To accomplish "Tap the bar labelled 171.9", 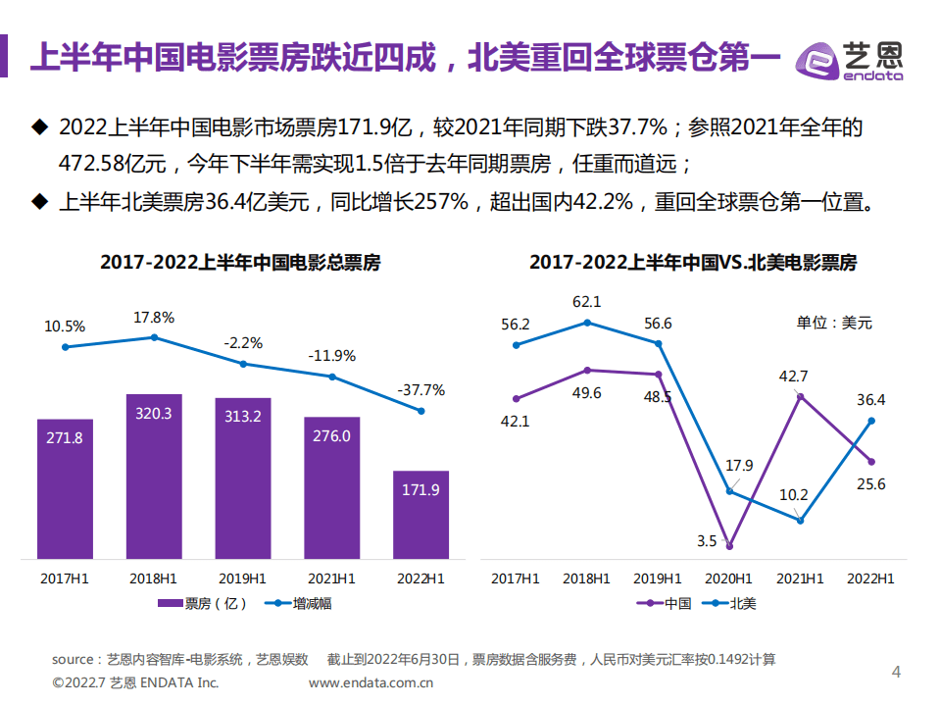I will (x=421, y=515).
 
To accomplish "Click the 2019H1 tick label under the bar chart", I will (x=242, y=579).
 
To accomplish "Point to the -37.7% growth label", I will (x=421, y=389).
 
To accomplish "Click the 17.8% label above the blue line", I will (x=154, y=318).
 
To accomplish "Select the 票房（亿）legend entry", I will (x=203, y=603).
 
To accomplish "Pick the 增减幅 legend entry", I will (x=300, y=603).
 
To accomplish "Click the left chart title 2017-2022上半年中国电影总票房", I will (x=240, y=263).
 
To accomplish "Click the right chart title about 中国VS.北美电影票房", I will (x=693, y=263).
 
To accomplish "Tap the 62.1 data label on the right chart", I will (x=587, y=302).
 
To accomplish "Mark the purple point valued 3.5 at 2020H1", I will (x=729, y=546).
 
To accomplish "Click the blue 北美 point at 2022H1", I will (x=871, y=421).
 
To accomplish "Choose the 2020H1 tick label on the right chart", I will (x=729, y=579).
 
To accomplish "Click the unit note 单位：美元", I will (x=833, y=322).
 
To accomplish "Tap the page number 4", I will (x=895, y=672).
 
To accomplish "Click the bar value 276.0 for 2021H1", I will (x=331, y=435).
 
